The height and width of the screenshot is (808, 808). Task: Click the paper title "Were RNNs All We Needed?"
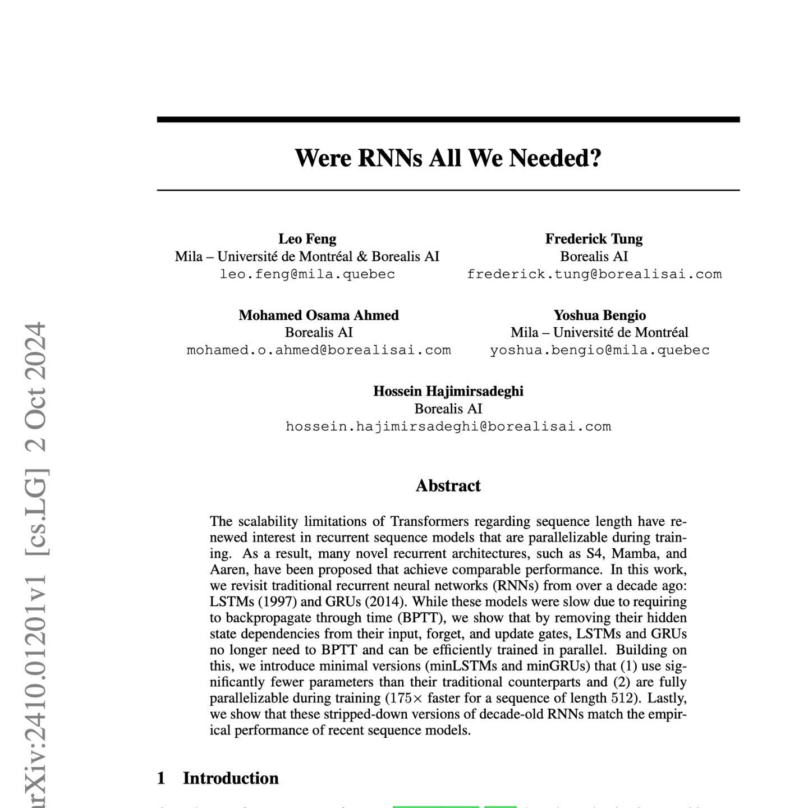click(448, 158)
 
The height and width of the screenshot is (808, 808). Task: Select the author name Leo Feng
click(307, 239)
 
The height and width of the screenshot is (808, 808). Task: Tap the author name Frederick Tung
click(594, 239)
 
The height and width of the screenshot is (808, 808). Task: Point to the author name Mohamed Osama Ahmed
click(319, 315)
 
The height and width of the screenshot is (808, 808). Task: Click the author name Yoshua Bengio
click(599, 315)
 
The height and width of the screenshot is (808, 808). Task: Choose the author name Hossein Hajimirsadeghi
click(448, 391)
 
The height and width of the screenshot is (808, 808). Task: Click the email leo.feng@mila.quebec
click(307, 274)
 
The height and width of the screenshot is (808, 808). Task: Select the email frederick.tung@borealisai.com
click(594, 274)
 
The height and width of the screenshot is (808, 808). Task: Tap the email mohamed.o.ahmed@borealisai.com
click(319, 350)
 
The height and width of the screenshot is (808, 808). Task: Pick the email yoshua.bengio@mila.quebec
click(599, 350)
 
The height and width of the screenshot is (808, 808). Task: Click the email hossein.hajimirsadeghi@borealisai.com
click(448, 426)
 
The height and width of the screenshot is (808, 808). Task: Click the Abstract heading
click(448, 486)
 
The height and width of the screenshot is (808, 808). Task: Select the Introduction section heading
click(230, 778)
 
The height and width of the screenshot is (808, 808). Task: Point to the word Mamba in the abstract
click(633, 554)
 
